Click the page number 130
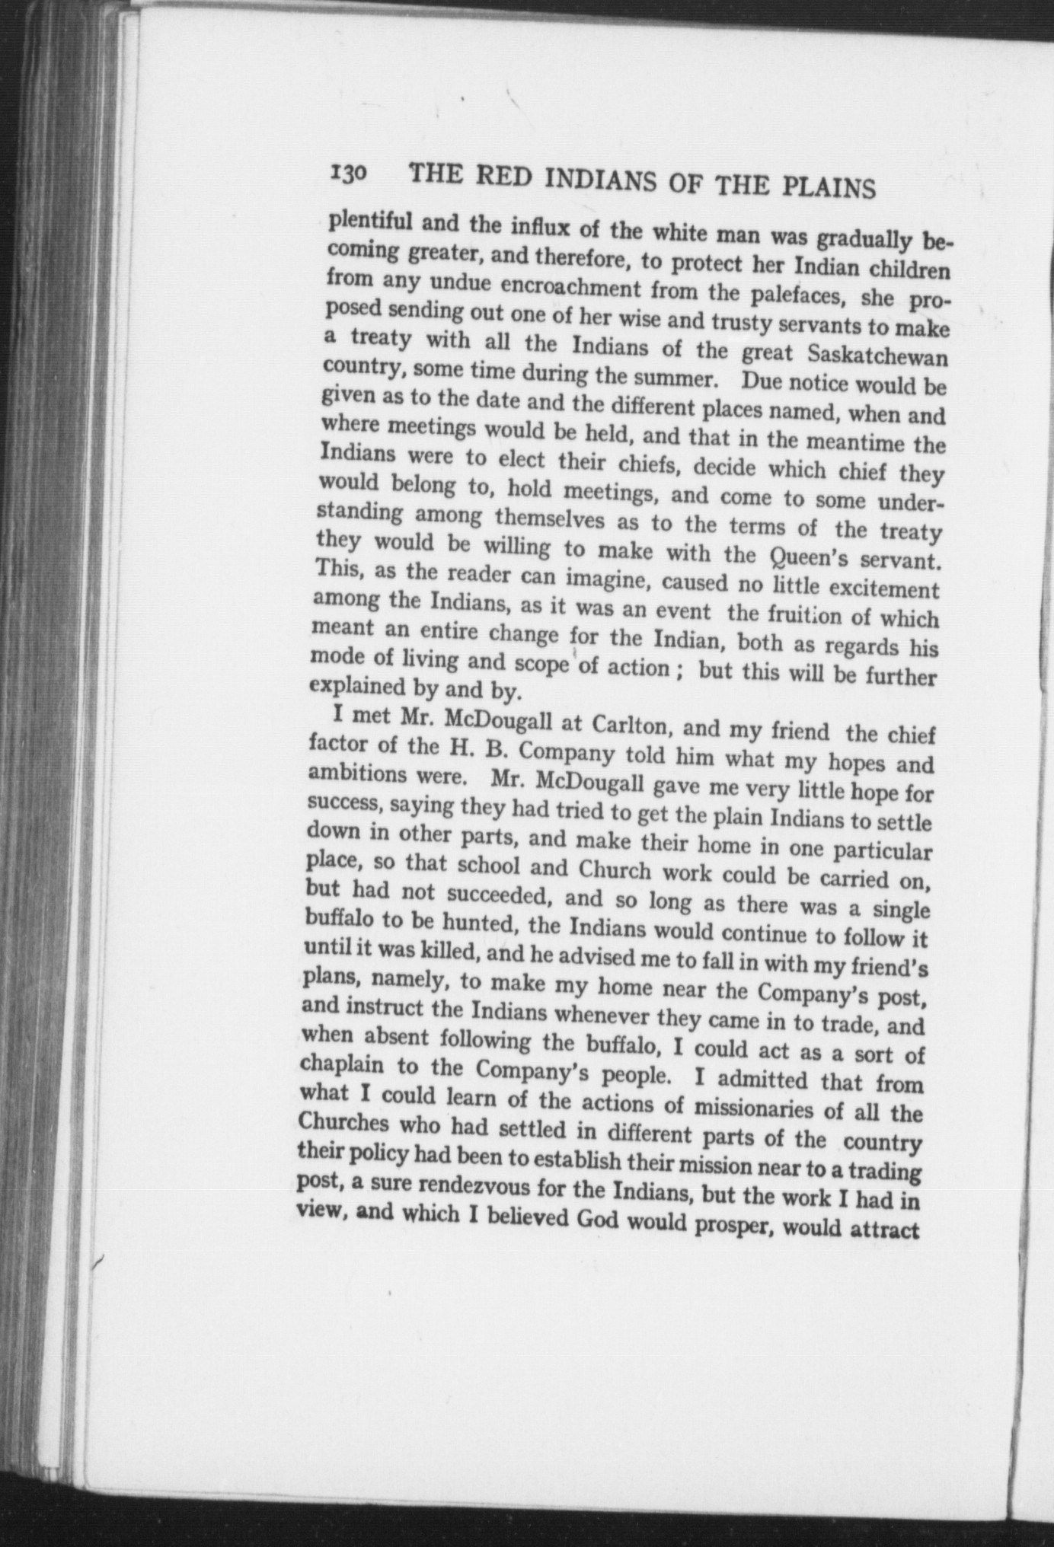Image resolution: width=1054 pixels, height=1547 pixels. [x=350, y=174]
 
